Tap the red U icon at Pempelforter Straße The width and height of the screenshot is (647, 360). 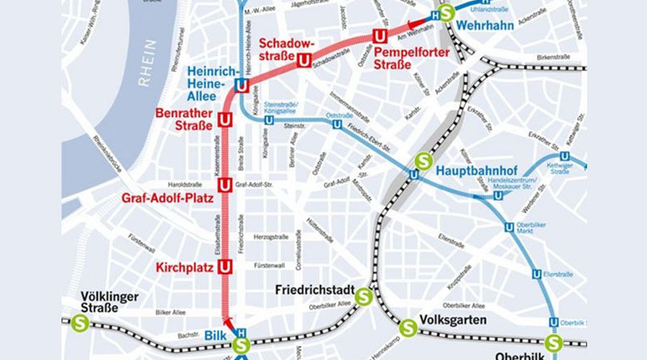point(379,36)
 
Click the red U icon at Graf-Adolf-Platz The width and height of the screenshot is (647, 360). point(226,184)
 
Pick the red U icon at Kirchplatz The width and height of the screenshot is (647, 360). point(226,266)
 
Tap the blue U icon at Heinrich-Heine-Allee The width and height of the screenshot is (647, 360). point(240,85)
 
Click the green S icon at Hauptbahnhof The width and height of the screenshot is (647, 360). point(421,161)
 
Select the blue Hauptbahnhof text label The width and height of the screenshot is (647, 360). point(473,171)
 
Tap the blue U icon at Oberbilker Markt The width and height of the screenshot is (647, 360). point(509,227)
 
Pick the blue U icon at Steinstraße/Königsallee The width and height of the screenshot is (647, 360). point(269,121)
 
